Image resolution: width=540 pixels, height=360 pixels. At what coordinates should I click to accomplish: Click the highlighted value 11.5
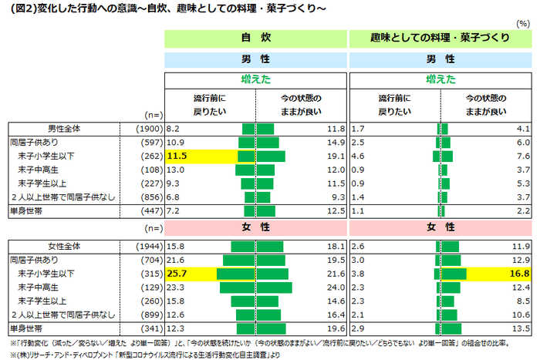[x=177, y=156]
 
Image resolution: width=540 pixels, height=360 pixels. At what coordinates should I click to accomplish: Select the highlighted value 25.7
[x=177, y=274]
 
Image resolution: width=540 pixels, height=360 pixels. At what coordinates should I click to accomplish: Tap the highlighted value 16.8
[x=520, y=274]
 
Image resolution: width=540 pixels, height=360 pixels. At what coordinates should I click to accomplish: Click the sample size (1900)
[x=147, y=129]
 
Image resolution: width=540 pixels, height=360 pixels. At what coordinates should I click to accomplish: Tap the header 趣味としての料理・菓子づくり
[x=440, y=38]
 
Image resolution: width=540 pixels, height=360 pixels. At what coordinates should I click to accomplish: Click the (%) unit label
[x=526, y=24]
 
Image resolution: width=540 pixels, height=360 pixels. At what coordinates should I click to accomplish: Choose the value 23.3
[x=175, y=287]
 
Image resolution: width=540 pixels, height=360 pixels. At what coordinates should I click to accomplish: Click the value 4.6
[x=357, y=156]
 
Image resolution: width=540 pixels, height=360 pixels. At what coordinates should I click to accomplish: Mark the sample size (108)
[x=149, y=170]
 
